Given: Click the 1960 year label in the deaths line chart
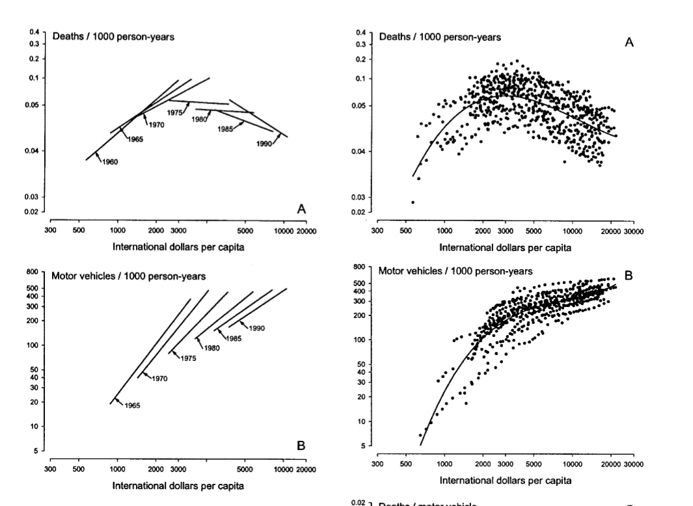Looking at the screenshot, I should pyautogui.click(x=110, y=162).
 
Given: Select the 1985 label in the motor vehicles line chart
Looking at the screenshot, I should pyautogui.click(x=234, y=338).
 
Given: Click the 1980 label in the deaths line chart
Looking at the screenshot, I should pyautogui.click(x=199, y=119).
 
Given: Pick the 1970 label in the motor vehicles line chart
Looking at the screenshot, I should pyautogui.click(x=160, y=378).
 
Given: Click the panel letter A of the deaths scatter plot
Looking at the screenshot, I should pyautogui.click(x=629, y=42).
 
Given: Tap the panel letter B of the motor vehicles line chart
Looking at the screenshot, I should pyautogui.click(x=301, y=446).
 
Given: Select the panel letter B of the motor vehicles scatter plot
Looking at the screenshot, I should pyautogui.click(x=629, y=276).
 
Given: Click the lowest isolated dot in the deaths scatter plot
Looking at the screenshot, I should pyautogui.click(x=413, y=202).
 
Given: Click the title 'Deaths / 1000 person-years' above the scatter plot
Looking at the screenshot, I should pyautogui.click(x=440, y=37).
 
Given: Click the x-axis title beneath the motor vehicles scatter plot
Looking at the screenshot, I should pyautogui.click(x=506, y=481).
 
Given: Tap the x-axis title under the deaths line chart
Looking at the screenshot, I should pyautogui.click(x=179, y=247).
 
